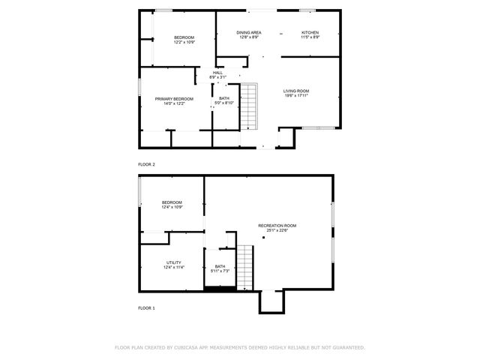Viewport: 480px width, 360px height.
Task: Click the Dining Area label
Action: coord(249,32)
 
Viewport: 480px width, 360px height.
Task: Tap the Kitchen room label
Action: coord(310,32)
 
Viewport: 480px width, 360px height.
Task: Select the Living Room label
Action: coord(296,91)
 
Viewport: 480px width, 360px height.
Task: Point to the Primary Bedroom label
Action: coord(174,99)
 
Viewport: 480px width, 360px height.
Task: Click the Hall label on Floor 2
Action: coord(217,73)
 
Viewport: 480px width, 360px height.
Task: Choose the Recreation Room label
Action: coord(277,226)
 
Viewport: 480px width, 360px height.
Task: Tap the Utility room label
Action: coord(174,262)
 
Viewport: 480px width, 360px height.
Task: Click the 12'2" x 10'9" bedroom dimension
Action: coord(184,43)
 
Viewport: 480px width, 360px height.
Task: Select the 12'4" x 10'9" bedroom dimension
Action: coord(172,207)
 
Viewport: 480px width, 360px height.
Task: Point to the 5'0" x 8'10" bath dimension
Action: coord(224,103)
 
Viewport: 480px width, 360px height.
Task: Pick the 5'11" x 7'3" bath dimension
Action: coord(220,271)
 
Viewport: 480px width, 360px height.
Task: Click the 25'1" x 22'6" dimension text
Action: coord(277,231)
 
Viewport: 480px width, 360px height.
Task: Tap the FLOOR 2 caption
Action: coord(146,163)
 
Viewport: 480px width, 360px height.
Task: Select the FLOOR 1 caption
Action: coord(146,308)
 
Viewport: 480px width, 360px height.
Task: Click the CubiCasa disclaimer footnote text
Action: coord(239,348)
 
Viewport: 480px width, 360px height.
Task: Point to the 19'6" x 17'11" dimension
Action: coord(296,96)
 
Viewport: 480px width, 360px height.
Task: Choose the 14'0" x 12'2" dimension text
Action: coord(174,104)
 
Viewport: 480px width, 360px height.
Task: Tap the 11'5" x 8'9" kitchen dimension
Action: coord(310,37)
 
